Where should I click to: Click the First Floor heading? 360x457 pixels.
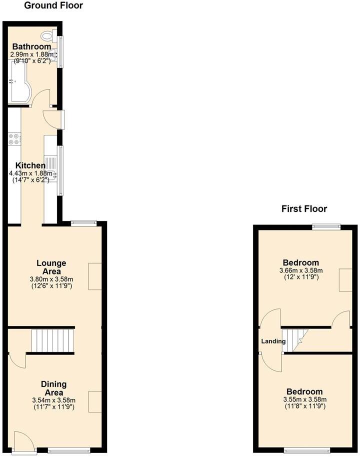coord(304,209)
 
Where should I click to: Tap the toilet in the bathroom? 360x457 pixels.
coord(49,35)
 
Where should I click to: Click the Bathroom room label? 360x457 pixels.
coord(31,46)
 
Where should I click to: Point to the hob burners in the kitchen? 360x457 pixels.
coord(13,138)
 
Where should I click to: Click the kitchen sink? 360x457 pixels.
coord(51,174)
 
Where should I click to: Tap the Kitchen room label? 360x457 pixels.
coord(30,165)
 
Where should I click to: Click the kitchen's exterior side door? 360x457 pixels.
coord(53,118)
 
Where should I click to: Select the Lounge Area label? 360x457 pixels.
coord(51,267)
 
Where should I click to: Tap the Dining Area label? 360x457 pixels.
coord(54,388)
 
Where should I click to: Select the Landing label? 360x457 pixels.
coord(273,341)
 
